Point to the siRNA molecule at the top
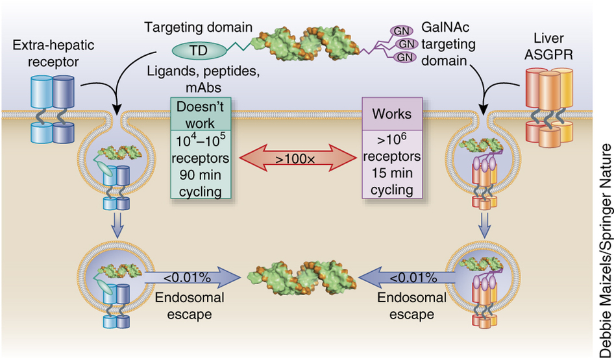point(308,42)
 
